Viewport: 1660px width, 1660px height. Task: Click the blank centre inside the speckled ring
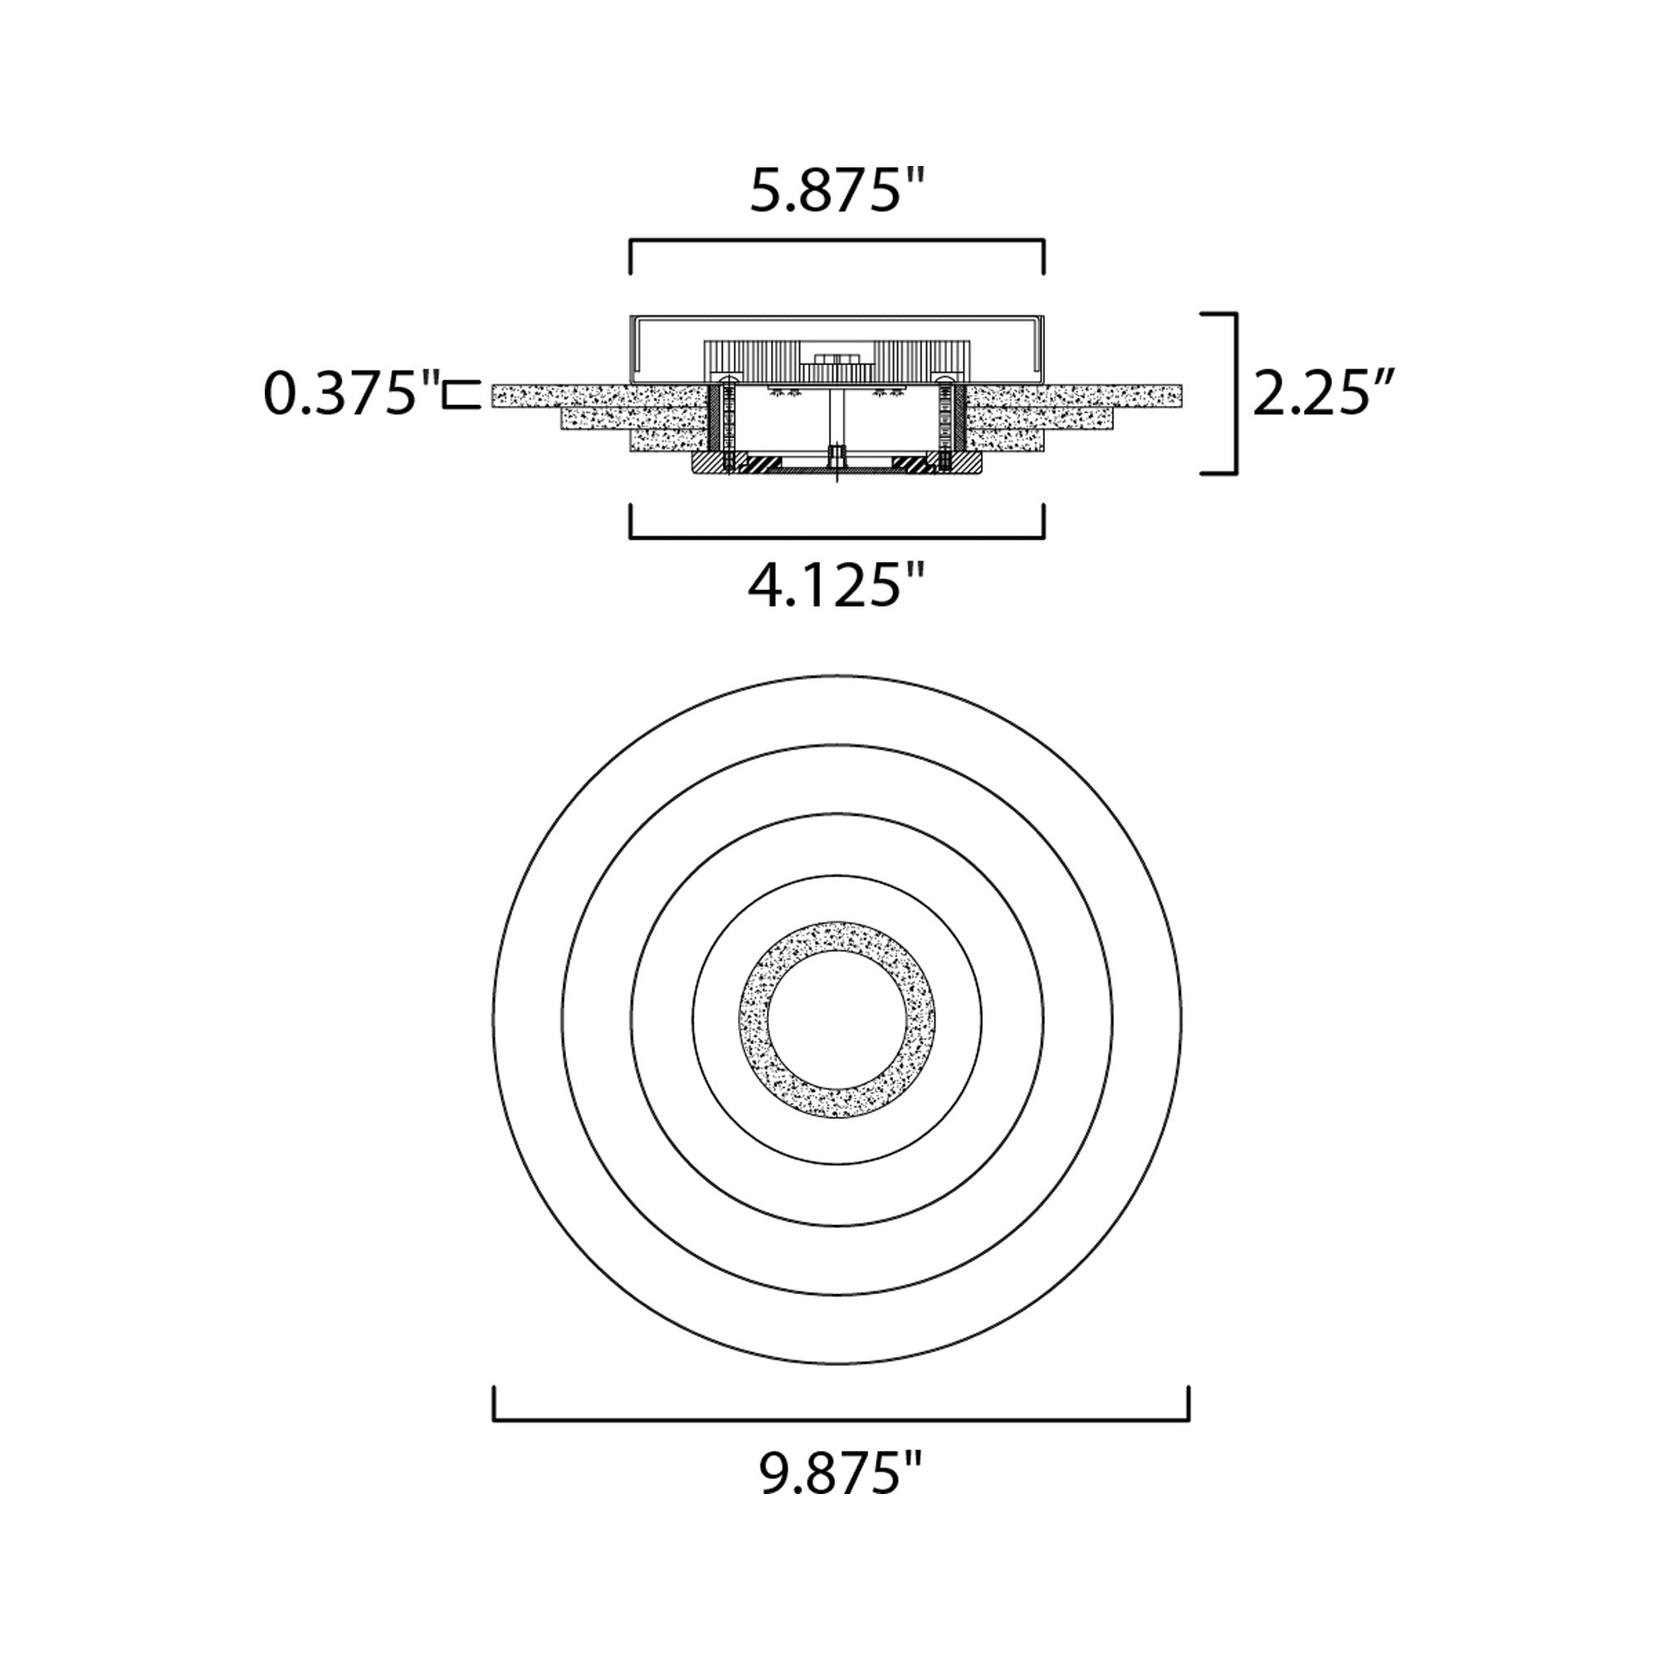click(x=837, y=1021)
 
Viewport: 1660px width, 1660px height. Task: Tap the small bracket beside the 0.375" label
click(x=462, y=394)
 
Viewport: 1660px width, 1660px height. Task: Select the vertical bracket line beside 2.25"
click(x=1235, y=393)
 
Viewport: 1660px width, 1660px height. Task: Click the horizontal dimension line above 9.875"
click(x=841, y=1420)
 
